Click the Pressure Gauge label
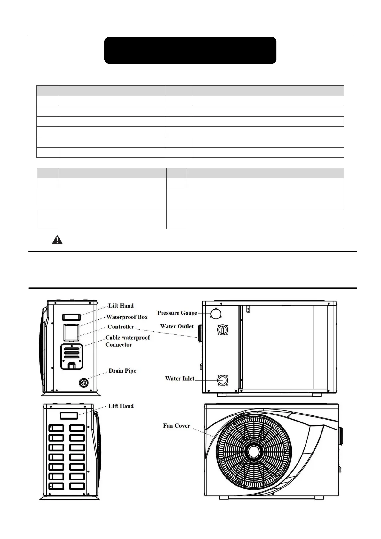point(177,313)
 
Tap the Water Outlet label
point(177,326)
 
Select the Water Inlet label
point(179,378)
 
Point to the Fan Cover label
point(176,426)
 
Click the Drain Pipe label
point(122,371)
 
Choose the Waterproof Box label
point(127,317)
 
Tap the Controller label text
point(121,326)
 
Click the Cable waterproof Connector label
point(127,341)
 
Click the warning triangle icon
point(57,240)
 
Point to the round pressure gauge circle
point(216,313)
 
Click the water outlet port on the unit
point(222,329)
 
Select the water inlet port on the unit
point(222,380)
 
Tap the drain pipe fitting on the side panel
point(84,382)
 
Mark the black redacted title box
point(190,50)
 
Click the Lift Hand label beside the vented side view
point(121,406)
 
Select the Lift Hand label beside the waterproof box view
point(121,306)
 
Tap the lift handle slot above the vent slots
point(69,415)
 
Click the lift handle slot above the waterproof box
point(71,317)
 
